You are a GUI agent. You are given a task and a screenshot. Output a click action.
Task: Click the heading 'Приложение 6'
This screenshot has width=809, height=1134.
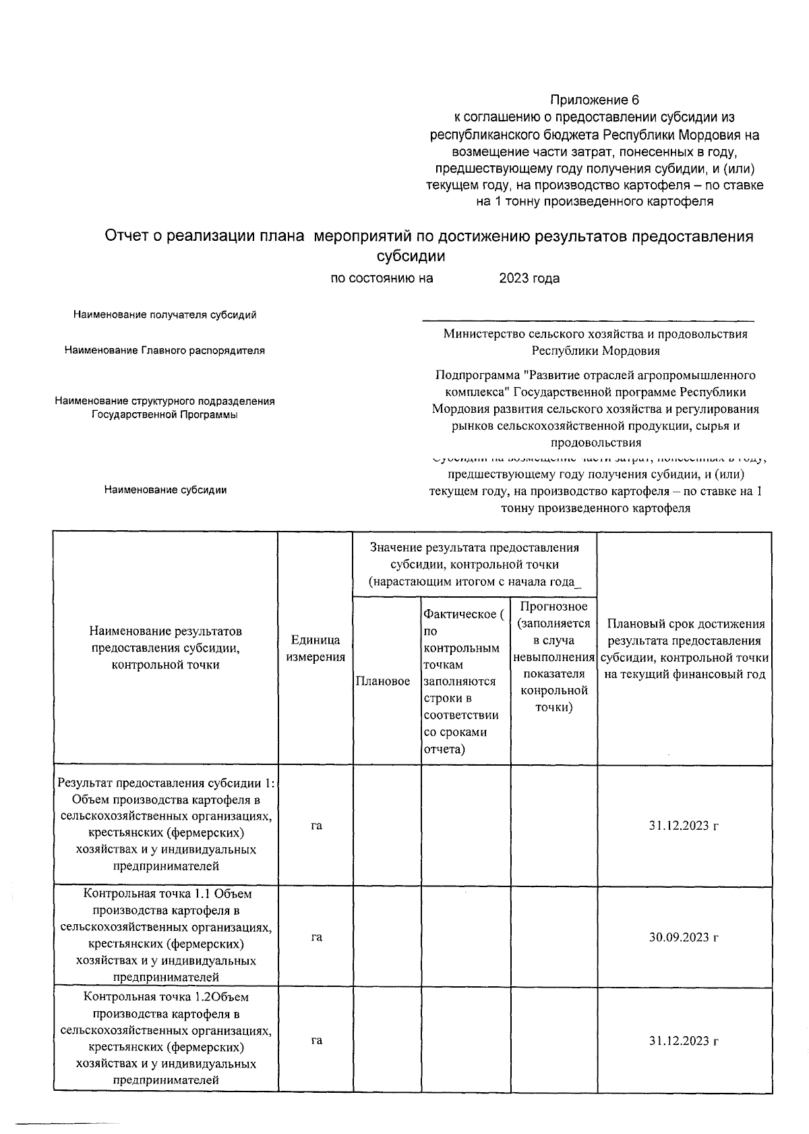[594, 101]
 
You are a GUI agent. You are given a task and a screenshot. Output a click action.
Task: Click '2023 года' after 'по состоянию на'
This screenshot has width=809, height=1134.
[529, 278]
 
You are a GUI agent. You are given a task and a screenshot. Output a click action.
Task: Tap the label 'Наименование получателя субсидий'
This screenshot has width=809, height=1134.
[165, 315]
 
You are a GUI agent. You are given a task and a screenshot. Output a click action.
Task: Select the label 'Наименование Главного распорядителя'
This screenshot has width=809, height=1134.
[164, 351]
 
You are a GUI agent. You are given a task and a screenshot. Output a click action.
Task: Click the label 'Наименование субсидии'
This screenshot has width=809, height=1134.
[165, 490]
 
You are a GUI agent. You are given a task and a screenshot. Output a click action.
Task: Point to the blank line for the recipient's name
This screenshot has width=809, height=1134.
[588, 320]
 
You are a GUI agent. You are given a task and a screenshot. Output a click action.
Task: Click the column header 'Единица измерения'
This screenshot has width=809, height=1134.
[316, 648]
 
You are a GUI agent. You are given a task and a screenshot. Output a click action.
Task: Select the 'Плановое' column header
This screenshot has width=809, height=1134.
[383, 681]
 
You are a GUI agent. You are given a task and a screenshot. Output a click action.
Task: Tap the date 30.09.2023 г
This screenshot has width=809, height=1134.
[684, 937]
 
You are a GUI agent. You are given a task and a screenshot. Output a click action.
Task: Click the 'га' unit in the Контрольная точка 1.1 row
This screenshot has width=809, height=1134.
[316, 937]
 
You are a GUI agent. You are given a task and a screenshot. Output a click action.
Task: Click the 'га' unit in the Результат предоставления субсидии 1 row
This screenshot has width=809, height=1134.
[316, 825]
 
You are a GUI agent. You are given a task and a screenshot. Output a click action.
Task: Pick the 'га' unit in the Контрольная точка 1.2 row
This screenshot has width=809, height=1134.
[316, 1040]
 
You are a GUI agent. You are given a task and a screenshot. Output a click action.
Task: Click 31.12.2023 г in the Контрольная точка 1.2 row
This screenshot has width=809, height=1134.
[684, 1040]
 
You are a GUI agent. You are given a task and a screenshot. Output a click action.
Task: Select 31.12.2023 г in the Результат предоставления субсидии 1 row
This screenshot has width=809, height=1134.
[684, 825]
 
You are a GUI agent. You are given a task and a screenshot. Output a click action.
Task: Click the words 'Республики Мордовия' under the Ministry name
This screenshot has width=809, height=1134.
[595, 351]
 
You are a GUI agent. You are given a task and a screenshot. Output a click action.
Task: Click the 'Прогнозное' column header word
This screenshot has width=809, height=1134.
[553, 606]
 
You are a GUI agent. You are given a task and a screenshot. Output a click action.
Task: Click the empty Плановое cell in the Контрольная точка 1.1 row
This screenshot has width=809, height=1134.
[387, 937]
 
